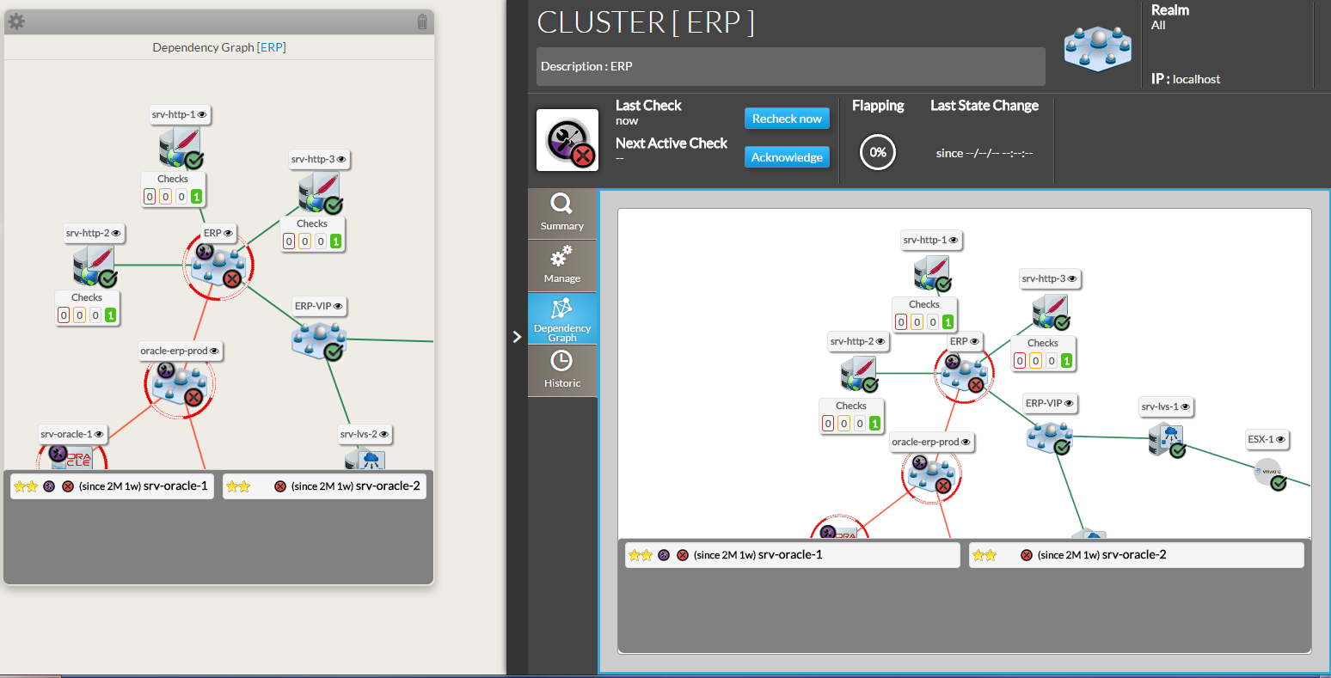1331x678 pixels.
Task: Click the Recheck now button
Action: [787, 119]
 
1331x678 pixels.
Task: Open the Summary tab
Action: [561, 212]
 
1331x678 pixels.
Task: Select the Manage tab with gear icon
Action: [561, 264]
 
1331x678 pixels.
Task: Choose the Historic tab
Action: [561, 370]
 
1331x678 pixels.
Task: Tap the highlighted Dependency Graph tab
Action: [561, 318]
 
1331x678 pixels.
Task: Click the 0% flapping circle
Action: [877, 152]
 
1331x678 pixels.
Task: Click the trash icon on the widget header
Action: [421, 22]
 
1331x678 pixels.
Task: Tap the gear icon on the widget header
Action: [16, 21]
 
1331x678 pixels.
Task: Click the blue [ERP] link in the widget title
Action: [271, 47]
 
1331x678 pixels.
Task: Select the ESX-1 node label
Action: [1267, 439]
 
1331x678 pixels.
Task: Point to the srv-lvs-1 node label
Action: [1165, 406]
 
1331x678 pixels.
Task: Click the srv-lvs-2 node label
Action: [364, 434]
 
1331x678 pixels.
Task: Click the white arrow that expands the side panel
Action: [517, 337]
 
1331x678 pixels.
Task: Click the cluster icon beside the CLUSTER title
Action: [1097, 47]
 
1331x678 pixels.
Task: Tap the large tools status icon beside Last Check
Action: [567, 140]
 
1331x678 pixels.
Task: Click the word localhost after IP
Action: [1196, 79]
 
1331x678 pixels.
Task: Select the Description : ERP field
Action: [790, 66]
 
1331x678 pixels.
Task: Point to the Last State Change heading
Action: [984, 106]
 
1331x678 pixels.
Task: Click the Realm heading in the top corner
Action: [1169, 10]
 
